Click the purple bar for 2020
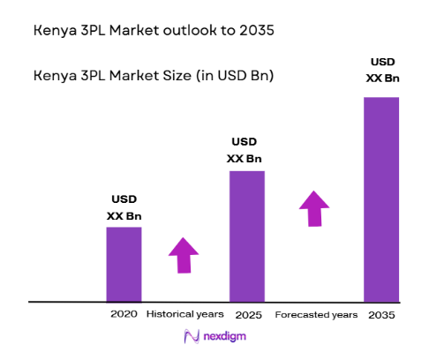point(124,264)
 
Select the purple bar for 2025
point(247,236)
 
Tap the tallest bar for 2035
point(381,199)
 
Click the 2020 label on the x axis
point(124,314)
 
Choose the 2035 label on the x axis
point(381,314)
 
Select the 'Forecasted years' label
point(316,314)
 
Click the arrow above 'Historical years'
point(184,254)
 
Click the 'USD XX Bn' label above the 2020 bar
point(124,207)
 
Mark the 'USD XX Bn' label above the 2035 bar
point(381,70)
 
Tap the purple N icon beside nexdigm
point(190,336)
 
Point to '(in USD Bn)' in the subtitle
point(233,76)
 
